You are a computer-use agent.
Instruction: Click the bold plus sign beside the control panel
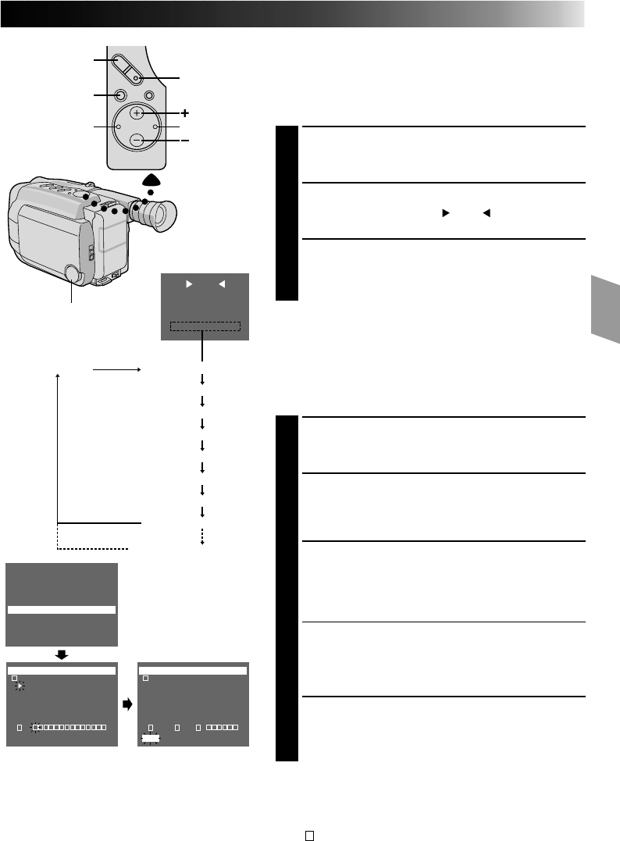point(184,112)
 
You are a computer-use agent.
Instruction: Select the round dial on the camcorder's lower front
point(72,274)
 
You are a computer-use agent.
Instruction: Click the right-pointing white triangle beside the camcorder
point(188,285)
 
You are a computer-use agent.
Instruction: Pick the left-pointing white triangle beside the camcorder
point(221,285)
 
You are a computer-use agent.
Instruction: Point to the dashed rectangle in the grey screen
point(205,326)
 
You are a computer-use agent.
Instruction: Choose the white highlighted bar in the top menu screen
point(62,610)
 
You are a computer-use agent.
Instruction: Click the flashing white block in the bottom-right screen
point(150,738)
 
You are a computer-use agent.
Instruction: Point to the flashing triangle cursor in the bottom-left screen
point(20,686)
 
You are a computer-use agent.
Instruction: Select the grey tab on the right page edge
point(605,308)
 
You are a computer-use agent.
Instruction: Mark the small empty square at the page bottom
point(309,834)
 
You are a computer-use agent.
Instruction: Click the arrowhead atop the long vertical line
point(58,377)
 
